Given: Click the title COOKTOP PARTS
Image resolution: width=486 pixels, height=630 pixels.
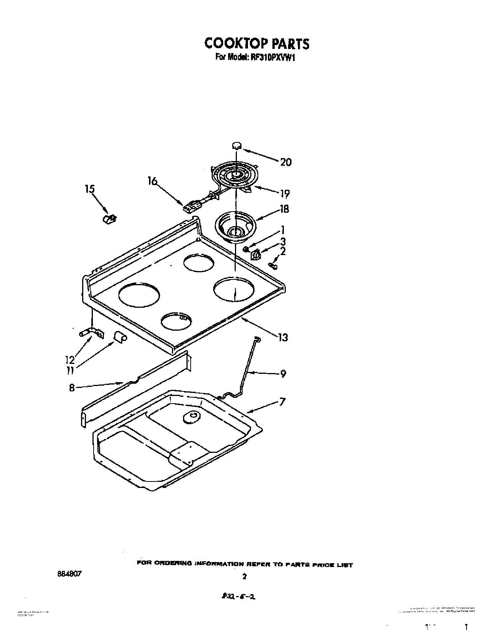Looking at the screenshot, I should [x=256, y=44].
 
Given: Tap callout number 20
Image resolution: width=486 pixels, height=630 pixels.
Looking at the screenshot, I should [x=285, y=162].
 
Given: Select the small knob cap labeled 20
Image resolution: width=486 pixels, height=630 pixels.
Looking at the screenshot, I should [x=237, y=145].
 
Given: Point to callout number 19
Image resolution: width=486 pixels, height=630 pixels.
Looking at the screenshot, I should [x=284, y=194].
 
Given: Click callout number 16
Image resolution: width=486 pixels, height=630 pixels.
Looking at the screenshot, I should [x=152, y=181].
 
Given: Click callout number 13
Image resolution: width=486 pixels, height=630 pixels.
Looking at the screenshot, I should [x=283, y=338].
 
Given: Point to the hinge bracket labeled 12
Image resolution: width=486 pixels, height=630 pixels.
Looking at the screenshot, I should [x=92, y=333].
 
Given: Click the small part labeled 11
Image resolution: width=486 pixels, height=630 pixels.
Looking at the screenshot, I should [x=121, y=337].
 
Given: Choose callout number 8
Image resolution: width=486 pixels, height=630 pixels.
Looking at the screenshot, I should [x=72, y=388].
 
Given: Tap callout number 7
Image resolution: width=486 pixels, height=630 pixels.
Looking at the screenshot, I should [x=282, y=402].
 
